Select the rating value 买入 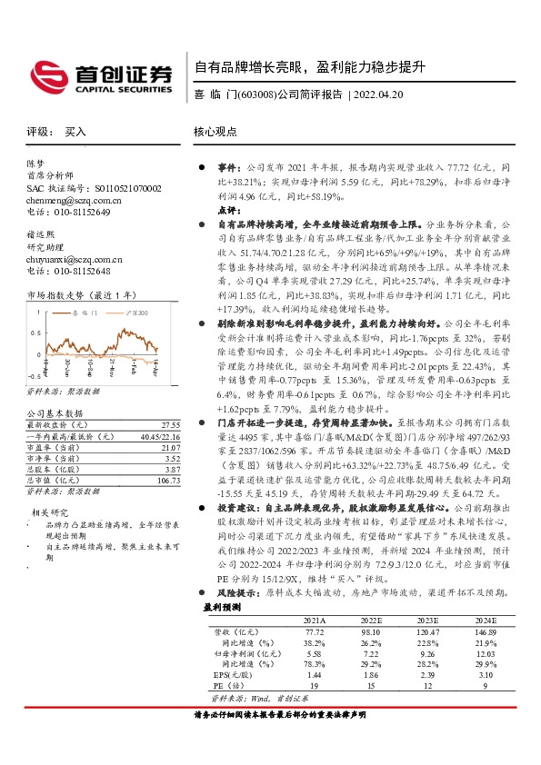point(75,132)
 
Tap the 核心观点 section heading point(214,132)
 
